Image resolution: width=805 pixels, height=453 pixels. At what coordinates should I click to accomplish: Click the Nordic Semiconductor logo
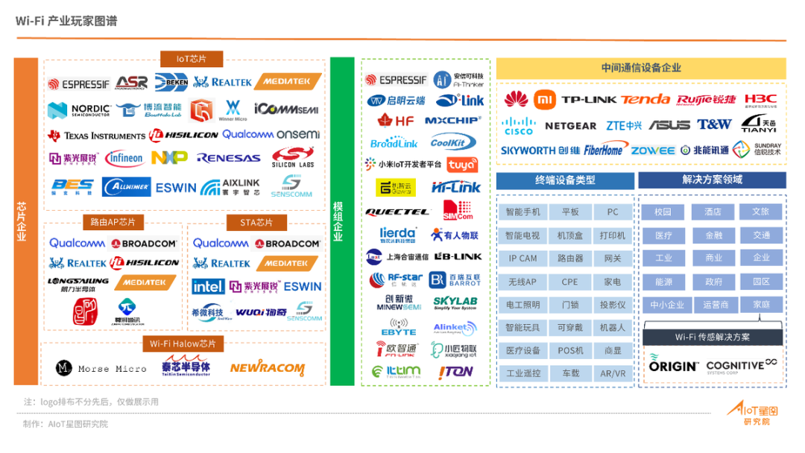(78, 110)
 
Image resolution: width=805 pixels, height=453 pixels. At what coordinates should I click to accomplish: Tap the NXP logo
(169, 158)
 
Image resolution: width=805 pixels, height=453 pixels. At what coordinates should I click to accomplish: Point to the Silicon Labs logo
(293, 158)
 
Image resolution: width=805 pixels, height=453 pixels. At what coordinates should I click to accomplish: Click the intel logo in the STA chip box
(208, 287)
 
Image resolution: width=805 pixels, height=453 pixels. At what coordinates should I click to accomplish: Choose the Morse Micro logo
(101, 368)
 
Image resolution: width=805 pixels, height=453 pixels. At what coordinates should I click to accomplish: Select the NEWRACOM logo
(267, 368)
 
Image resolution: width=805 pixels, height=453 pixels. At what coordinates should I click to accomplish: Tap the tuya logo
(463, 165)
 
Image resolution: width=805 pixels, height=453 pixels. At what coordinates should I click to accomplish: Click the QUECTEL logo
(397, 212)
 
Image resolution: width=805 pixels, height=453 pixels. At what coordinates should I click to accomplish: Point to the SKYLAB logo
(455, 304)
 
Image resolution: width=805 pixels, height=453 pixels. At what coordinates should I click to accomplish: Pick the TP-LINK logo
(589, 100)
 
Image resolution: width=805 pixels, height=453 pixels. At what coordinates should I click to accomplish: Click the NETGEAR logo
(570, 126)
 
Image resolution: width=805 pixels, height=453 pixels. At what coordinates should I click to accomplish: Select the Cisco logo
(518, 126)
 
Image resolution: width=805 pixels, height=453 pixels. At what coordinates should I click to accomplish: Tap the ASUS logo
(669, 125)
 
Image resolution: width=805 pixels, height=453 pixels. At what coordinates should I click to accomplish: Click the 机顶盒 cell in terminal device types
(570, 235)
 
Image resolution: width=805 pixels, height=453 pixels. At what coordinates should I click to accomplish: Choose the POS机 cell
(570, 350)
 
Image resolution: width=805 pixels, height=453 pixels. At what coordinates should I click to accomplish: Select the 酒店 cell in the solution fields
(713, 212)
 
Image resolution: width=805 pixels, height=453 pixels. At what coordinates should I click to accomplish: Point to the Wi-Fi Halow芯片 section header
(183, 343)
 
